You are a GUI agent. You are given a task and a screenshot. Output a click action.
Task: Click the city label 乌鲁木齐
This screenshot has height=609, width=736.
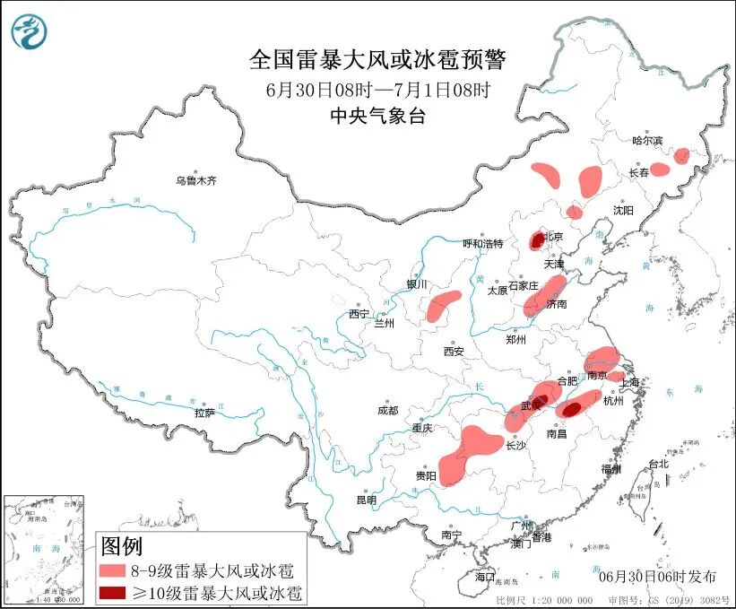point(195,181)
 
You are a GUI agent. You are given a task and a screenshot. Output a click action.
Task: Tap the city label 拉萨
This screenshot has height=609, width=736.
point(204,413)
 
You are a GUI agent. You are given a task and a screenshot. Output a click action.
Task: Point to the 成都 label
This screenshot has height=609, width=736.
point(387,410)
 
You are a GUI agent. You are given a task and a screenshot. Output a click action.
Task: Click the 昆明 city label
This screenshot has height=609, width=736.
point(367,500)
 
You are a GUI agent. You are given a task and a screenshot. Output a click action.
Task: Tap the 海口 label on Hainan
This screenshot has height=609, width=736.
point(485,575)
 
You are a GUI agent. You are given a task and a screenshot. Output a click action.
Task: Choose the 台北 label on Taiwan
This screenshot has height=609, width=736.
point(658,464)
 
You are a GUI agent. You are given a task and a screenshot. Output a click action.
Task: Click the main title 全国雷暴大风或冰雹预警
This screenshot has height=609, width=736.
point(377,60)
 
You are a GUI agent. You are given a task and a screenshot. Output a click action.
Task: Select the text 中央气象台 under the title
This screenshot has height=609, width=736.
point(377,115)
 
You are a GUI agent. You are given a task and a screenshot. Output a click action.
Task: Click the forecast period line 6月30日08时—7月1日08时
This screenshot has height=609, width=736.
point(377,89)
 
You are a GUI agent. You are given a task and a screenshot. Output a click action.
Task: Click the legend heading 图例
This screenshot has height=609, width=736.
point(121,545)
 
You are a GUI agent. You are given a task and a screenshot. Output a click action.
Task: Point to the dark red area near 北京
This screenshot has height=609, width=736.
point(537,239)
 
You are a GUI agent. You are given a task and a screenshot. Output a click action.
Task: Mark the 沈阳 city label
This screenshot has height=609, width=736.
point(623,210)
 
